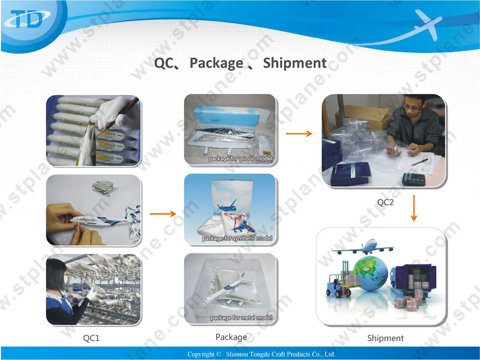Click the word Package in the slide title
216,63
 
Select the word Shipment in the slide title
295,63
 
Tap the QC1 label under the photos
91,338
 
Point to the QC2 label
385,202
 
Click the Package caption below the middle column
231,337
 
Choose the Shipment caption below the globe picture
385,338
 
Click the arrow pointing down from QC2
413,209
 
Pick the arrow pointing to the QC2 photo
299,133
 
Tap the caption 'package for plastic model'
240,159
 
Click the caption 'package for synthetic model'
237,239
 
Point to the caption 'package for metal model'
241,318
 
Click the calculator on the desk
413,178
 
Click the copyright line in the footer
261,354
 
